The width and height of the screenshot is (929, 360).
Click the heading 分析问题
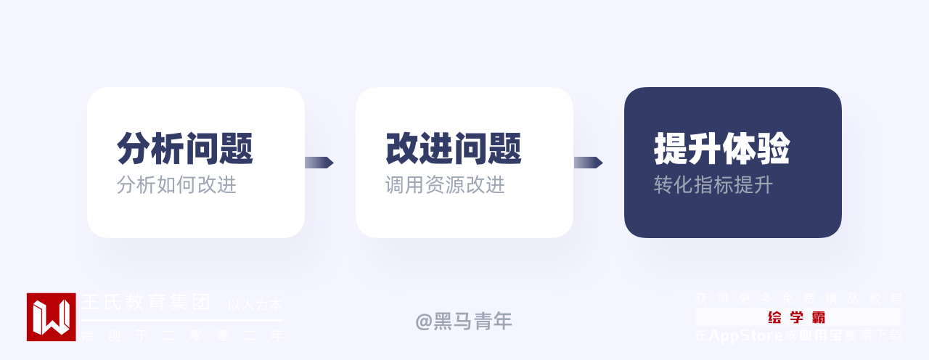click(x=185, y=149)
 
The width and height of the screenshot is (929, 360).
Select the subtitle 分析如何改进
click(x=176, y=185)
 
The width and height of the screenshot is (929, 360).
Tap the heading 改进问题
click(x=454, y=149)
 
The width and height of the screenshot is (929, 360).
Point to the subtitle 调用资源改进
click(x=445, y=185)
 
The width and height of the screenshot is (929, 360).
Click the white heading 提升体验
click(x=722, y=149)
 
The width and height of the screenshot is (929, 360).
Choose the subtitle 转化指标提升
click(x=713, y=185)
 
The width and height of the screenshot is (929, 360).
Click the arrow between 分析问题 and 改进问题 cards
click(x=319, y=163)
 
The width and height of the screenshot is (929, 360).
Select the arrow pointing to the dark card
click(x=588, y=163)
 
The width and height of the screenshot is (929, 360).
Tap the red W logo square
click(x=51, y=317)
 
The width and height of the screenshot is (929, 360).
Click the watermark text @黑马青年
click(x=464, y=321)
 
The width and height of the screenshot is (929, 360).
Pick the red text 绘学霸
click(x=797, y=317)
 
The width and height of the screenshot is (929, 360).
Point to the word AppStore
click(x=745, y=335)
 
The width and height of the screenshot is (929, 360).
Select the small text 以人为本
click(x=255, y=305)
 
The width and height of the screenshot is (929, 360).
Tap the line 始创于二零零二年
click(x=181, y=335)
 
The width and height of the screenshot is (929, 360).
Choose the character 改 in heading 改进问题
click(x=402, y=149)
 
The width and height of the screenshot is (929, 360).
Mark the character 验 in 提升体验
click(x=774, y=149)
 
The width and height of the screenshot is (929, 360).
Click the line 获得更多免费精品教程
click(x=798, y=298)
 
